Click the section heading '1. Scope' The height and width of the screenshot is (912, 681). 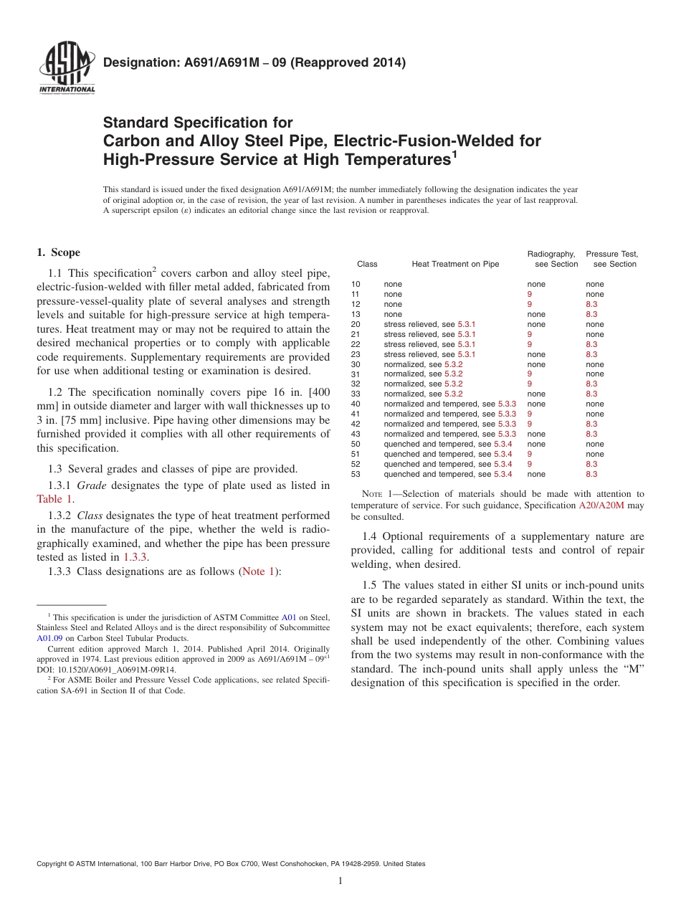tap(59, 252)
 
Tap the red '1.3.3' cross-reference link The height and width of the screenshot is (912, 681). tap(136, 556)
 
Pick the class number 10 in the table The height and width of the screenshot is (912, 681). tap(356, 284)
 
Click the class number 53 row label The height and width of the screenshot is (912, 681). tap(356, 474)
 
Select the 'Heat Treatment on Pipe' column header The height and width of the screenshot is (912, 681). tap(455, 264)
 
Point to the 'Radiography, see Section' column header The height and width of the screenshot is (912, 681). tap(552, 259)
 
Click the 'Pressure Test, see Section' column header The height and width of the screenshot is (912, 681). tap(611, 259)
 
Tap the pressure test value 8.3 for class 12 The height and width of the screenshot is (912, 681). tap(591, 304)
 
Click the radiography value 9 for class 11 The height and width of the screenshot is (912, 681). tap(530, 294)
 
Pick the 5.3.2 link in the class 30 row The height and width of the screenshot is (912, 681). tap(453, 364)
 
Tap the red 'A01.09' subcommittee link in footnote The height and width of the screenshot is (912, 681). tap(49, 637)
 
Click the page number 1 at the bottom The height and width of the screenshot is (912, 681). tap(340, 881)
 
